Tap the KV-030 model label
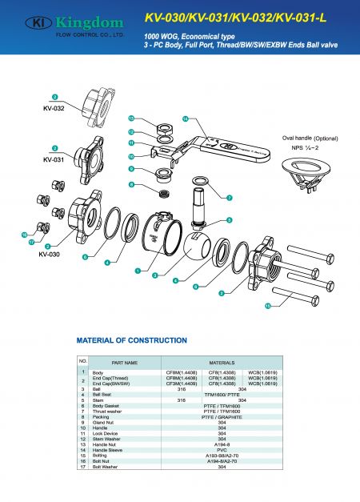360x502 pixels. coord(51,254)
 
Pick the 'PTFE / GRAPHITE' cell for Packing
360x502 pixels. coord(220,417)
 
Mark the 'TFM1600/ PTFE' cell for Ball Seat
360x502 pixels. coord(220,395)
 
